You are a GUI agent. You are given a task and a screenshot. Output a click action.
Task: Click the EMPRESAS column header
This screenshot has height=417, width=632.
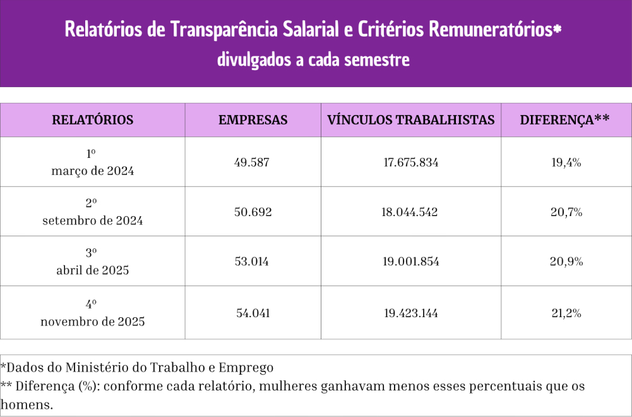tap(253, 120)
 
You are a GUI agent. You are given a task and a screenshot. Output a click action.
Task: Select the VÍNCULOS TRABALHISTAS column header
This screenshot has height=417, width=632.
tap(410, 120)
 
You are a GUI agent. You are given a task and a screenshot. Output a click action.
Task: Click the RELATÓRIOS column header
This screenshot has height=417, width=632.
tap(92, 120)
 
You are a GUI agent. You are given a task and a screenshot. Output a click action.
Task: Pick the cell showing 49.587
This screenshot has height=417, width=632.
tap(253, 162)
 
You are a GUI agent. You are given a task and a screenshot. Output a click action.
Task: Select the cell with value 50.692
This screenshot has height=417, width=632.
tap(253, 212)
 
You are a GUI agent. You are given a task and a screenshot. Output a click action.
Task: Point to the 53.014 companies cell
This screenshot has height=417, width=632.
tap(253, 262)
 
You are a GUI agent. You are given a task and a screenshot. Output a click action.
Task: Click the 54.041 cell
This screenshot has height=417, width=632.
tap(253, 313)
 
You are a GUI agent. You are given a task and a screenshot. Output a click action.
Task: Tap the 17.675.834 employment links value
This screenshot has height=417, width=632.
tap(410, 162)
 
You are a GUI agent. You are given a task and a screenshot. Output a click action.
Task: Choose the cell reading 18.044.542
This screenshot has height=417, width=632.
tap(410, 212)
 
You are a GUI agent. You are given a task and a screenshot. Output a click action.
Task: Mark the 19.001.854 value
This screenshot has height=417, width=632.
tap(410, 262)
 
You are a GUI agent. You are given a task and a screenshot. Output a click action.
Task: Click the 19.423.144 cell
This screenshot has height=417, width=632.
tap(410, 313)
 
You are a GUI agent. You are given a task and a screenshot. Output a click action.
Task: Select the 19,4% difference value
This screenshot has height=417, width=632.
tap(566, 162)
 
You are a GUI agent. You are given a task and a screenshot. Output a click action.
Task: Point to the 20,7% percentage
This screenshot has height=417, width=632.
tap(566, 212)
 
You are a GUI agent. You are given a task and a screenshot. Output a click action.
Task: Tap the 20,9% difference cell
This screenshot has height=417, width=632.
tap(566, 262)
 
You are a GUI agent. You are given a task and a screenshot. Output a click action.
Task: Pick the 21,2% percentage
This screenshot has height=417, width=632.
tap(566, 313)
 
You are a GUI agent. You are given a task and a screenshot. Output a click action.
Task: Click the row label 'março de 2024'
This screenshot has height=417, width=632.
tap(92, 171)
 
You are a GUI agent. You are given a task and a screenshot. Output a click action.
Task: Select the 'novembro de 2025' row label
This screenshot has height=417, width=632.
tap(92, 322)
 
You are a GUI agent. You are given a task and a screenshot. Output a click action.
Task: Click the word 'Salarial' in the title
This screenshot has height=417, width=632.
tap(320, 30)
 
